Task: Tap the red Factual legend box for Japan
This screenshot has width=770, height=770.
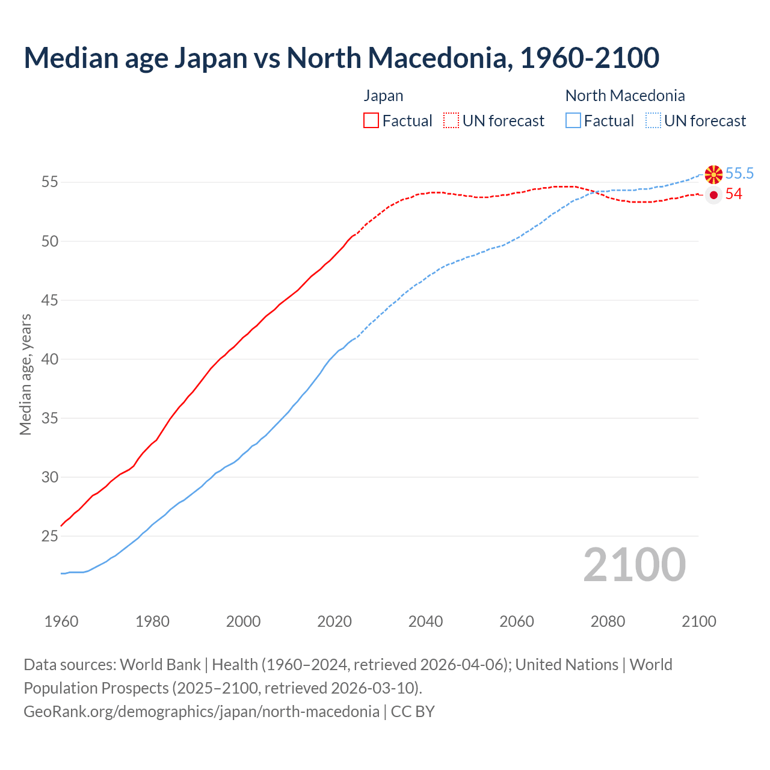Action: (371, 120)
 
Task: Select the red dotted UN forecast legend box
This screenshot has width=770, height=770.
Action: (451, 120)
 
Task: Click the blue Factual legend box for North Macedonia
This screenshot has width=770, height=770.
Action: (573, 120)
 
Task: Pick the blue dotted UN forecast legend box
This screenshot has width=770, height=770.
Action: (653, 120)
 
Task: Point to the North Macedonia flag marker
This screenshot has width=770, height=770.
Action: (713, 174)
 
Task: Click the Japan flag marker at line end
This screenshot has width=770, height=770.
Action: (713, 195)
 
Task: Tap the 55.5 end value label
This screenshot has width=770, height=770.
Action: (739, 174)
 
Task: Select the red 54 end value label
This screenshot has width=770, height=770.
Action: (734, 194)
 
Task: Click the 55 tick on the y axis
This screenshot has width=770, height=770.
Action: (49, 182)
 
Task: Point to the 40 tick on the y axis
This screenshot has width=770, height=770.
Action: (49, 359)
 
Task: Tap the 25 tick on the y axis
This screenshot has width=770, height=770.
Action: (49, 536)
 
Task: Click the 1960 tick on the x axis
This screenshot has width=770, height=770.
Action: (61, 621)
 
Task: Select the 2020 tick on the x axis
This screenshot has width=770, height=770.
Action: (334, 621)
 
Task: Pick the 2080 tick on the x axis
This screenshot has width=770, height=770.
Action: (608, 621)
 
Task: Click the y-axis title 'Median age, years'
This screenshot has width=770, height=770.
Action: (25, 374)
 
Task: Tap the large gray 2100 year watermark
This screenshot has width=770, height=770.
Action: (634, 565)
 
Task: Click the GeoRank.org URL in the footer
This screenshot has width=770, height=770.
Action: (202, 712)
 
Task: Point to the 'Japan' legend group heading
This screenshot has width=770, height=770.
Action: (383, 96)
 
